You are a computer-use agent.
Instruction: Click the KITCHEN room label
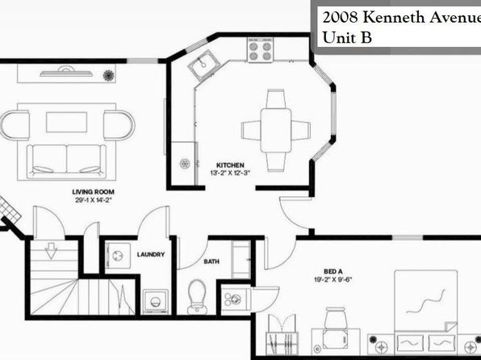tap(230, 165)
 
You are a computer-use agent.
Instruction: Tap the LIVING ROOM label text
tap(94, 192)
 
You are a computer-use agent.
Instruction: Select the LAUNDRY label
tap(151, 254)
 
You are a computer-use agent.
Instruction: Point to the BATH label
tap(211, 262)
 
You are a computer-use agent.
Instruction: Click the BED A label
tap(333, 271)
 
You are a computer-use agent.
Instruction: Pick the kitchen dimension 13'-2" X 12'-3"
tap(230, 173)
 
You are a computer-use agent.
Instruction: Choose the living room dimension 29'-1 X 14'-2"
tap(94, 200)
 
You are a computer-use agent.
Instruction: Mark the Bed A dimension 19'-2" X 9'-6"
tap(333, 279)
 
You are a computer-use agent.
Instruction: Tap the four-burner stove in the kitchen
tap(260, 50)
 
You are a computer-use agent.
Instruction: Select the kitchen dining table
tap(276, 130)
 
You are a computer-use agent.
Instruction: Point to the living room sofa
tap(66, 161)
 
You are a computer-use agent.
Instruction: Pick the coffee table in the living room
tap(66, 122)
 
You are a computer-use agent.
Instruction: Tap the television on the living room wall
tap(66, 72)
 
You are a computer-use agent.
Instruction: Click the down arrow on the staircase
tap(51, 251)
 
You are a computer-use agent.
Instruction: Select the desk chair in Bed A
tap(336, 318)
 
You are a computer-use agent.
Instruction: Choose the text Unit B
tap(347, 38)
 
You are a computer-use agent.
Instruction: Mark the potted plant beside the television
tap(109, 75)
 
